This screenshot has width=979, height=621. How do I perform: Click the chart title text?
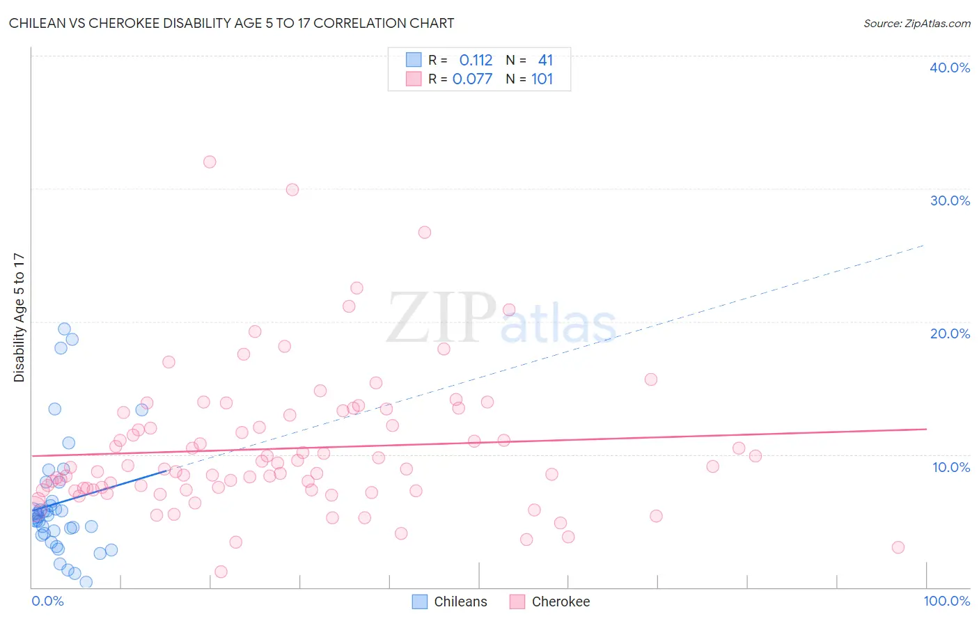231,23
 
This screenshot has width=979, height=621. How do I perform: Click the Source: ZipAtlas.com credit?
916,23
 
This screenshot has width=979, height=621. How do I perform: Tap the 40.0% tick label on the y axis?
949,68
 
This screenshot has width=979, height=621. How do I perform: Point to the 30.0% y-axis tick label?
949,201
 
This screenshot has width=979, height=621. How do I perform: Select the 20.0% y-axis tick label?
949,333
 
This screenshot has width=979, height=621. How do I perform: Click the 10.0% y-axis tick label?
950,467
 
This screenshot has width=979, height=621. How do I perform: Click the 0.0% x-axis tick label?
47,601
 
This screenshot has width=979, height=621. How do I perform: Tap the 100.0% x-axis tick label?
946,601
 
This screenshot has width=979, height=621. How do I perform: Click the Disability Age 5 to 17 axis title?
19,317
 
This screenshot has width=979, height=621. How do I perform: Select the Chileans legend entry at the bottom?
460,602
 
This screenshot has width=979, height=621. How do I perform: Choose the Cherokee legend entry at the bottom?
560,602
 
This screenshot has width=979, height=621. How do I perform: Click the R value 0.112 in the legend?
476,61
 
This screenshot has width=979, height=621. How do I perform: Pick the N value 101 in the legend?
542,79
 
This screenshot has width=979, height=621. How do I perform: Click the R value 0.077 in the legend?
472,79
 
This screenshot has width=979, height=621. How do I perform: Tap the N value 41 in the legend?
545,61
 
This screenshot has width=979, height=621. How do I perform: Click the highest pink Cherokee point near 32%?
210,162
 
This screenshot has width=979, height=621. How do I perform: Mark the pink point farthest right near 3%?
898,547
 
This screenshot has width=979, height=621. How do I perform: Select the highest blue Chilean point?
64,329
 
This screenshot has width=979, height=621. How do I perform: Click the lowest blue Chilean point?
86,581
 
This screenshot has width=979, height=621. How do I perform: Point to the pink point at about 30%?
292,189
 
